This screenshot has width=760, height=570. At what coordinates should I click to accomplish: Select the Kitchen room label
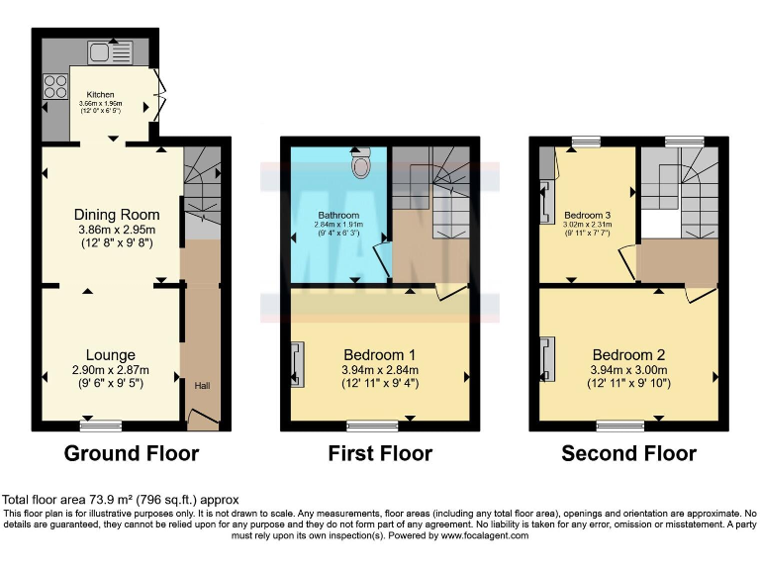[x=101, y=96]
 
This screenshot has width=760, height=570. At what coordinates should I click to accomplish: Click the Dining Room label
[x=112, y=214]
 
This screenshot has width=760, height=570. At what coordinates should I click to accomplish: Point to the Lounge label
[x=110, y=355]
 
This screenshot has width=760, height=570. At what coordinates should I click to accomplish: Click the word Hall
[x=202, y=385]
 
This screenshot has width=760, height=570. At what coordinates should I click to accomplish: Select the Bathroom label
[x=337, y=215]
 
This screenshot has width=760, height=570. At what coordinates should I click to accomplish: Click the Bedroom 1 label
[x=379, y=355]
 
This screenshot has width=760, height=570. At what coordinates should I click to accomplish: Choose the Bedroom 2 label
[x=627, y=355]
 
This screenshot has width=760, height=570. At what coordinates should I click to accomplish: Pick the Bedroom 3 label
[x=588, y=214]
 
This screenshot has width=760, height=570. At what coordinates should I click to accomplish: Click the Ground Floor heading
[x=131, y=454]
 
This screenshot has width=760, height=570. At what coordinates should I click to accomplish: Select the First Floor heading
[x=380, y=454]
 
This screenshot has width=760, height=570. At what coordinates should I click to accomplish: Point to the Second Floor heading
[x=628, y=454]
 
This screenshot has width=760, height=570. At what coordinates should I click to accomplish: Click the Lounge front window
[x=102, y=427]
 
